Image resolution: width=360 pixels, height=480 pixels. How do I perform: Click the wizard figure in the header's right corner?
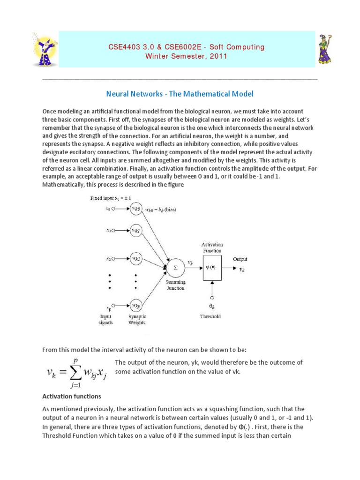point(326,49)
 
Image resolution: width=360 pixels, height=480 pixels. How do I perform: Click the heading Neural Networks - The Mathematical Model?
point(180,94)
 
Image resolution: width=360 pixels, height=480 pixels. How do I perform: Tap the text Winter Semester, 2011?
point(186,56)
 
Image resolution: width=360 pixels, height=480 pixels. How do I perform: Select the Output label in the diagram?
point(240,259)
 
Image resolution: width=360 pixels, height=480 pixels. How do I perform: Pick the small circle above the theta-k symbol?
point(213,297)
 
